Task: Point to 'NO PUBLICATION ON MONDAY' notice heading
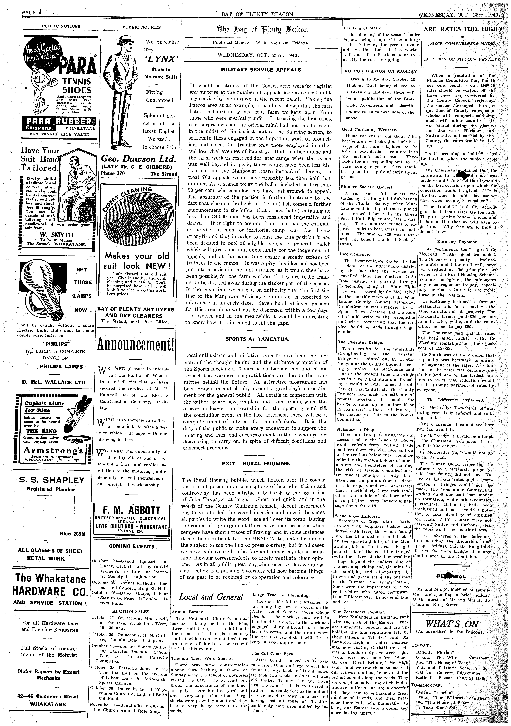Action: pyautogui.click(x=381, y=71)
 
